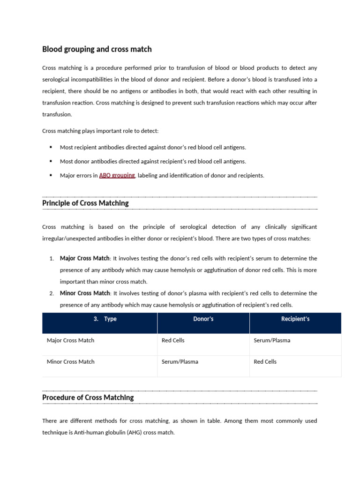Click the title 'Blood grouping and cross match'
[97, 49]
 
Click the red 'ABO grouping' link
[117, 175]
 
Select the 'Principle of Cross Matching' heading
[85, 203]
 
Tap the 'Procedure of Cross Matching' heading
[88, 397]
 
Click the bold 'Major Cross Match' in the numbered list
[84, 258]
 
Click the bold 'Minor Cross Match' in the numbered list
[84, 293]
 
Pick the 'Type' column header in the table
[110, 319]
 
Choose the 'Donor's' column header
[203, 319]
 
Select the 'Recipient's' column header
[295, 319]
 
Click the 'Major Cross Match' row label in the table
[70, 340]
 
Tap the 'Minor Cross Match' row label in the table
[70, 361]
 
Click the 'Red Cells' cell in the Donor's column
[173, 340]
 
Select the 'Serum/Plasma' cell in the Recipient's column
[272, 340]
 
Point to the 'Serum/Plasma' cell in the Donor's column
[180, 361]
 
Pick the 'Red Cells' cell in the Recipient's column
[265, 361]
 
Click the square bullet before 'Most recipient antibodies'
[51, 147]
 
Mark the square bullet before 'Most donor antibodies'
[51, 161]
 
